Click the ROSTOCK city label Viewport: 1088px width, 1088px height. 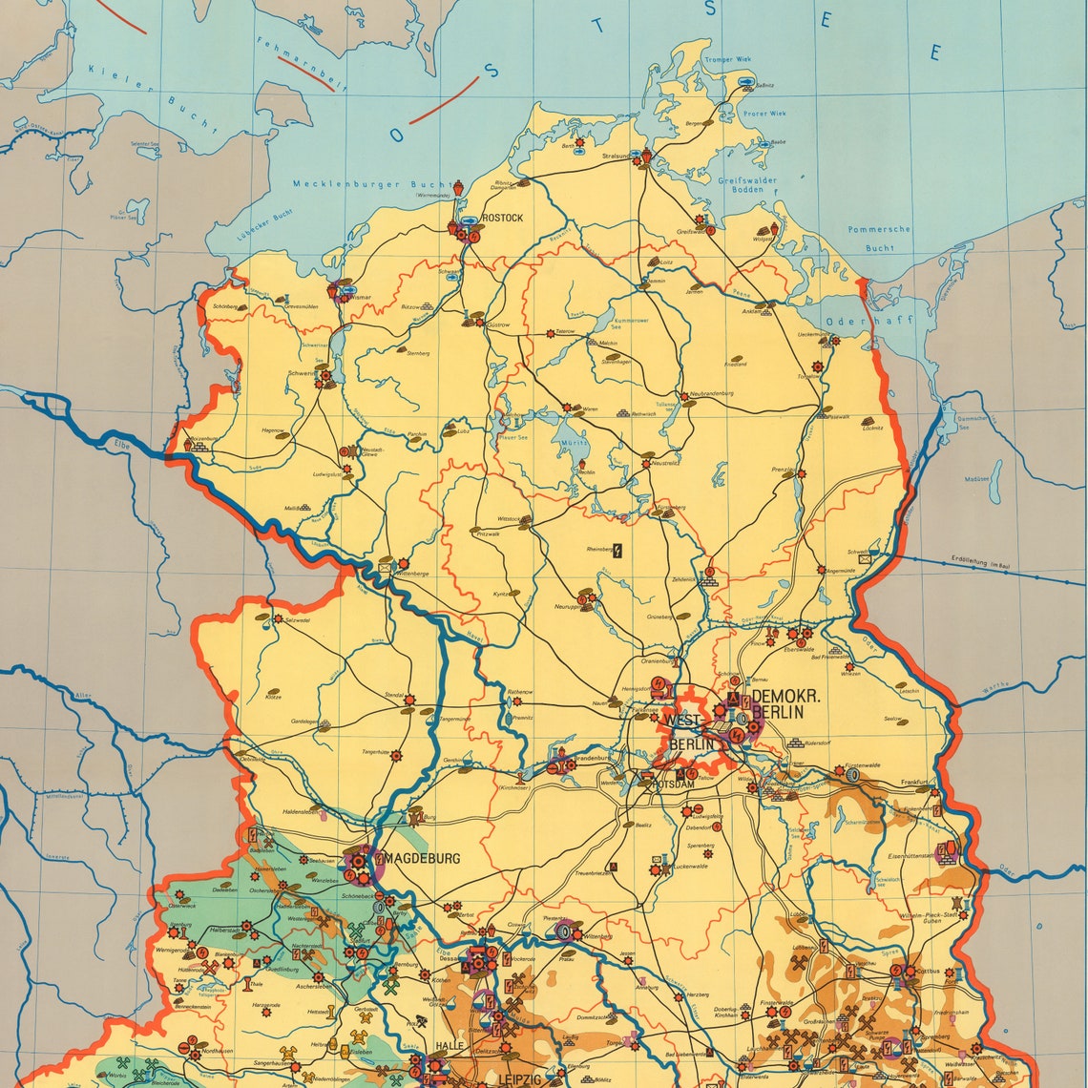[503, 218]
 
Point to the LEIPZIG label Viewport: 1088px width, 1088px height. [519, 1078]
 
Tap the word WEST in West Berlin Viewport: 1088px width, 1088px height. [681, 721]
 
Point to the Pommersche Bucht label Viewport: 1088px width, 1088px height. [880, 238]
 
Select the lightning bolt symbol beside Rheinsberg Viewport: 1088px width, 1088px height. [617, 550]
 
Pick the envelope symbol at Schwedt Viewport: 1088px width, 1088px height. [865, 557]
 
